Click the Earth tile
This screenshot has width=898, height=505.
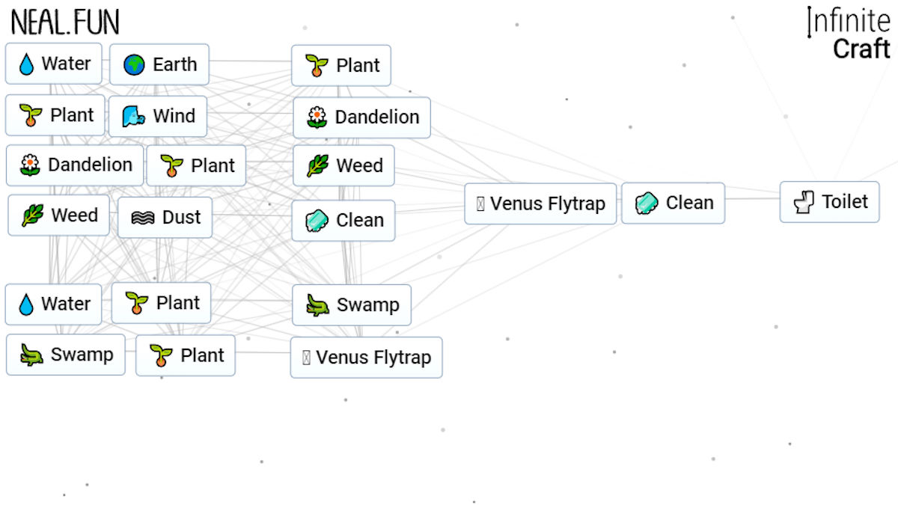[x=159, y=64]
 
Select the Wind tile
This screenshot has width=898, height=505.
[x=158, y=116]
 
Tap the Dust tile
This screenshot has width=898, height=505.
[x=165, y=217]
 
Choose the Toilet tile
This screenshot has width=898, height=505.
[x=829, y=201]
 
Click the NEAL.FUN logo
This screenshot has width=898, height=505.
[x=64, y=23]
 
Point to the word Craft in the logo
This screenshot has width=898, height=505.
[x=861, y=49]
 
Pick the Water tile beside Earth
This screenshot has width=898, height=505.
[x=53, y=64]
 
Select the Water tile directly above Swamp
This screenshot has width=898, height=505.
[x=53, y=304]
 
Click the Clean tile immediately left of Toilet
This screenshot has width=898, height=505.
[x=673, y=203]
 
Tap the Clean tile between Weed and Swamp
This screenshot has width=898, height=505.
[x=343, y=221]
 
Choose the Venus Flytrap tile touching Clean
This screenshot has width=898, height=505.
[x=540, y=203]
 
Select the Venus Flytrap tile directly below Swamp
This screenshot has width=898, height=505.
[x=366, y=358]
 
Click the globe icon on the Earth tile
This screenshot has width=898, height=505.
[x=135, y=65]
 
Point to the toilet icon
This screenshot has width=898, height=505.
[x=804, y=202]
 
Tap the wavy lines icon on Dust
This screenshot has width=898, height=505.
[x=143, y=218]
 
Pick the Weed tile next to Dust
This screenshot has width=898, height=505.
[x=58, y=215]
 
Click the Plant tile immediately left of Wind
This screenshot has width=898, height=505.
[x=55, y=115]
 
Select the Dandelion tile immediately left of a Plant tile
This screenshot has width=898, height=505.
[x=74, y=165]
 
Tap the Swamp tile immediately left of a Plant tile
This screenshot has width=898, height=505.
[x=65, y=355]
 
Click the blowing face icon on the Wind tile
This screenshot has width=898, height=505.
[x=134, y=117]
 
